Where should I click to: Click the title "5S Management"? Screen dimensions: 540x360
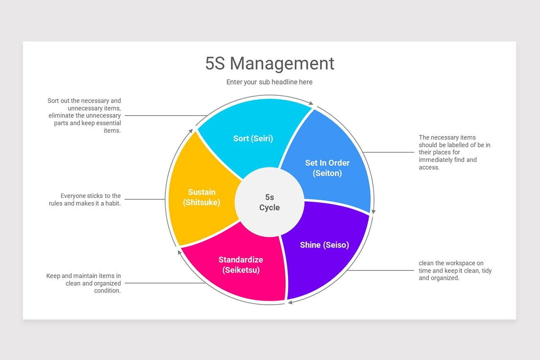click(x=270, y=63)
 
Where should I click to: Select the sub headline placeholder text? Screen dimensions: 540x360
click(x=269, y=82)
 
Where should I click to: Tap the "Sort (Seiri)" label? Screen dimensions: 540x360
click(x=253, y=139)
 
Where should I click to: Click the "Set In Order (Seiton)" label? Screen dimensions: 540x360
click(x=327, y=168)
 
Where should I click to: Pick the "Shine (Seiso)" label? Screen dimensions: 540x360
click(x=324, y=245)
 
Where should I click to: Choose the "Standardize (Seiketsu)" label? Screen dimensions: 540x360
click(x=241, y=265)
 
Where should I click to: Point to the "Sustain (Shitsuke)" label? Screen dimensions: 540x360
click(x=202, y=197)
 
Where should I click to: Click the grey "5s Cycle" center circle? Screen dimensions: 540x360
click(x=270, y=202)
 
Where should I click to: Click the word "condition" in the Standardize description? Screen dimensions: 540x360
click(x=107, y=291)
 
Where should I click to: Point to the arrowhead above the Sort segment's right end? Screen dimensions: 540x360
click(x=311, y=103)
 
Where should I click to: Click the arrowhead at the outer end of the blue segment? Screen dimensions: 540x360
click(x=373, y=211)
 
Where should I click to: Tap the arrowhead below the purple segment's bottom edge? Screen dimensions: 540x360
click(x=290, y=302)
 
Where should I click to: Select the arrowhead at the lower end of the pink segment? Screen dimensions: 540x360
click(x=180, y=252)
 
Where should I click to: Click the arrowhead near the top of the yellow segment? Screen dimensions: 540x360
click(x=191, y=131)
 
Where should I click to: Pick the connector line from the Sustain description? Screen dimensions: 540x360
click(x=145, y=199)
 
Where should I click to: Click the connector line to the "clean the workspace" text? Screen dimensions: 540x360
click(x=380, y=270)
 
